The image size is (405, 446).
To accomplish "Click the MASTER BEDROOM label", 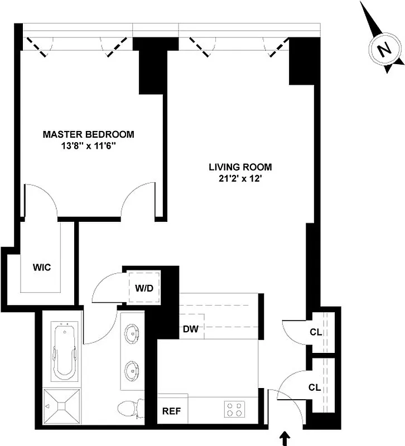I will click(89, 134).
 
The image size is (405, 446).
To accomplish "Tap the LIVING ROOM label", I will click(240, 167).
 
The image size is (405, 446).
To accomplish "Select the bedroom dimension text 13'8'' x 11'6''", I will click(89, 146).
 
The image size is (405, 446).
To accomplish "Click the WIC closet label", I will click(41, 267).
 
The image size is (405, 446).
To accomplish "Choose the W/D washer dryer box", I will click(143, 288).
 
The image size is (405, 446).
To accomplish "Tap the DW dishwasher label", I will click(191, 328).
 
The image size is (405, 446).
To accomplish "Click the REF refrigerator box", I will click(172, 412).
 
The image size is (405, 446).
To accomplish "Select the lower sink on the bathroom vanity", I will click(133, 369).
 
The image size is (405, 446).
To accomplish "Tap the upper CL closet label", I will click(316, 333).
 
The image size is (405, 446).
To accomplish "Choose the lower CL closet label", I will click(316, 387).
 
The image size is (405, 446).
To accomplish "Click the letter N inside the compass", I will click(384, 51).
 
